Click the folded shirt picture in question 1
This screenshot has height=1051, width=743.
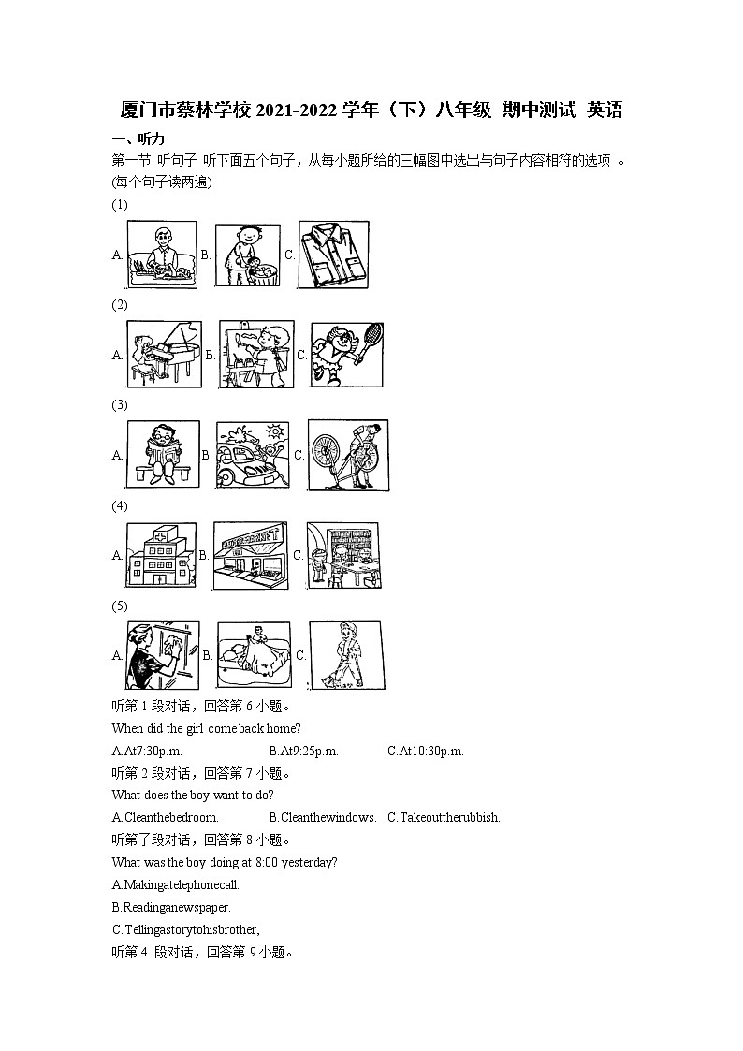click(333, 254)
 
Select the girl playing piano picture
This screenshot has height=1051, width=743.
click(164, 354)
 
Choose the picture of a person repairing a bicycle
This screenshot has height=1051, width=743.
click(347, 455)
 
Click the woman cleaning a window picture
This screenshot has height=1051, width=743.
click(163, 655)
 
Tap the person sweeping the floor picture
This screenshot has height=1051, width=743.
click(344, 655)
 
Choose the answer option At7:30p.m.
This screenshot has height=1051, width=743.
click(147, 751)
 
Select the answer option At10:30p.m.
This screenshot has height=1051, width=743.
click(426, 751)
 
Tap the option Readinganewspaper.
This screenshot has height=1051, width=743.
click(171, 907)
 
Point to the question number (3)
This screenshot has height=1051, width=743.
click(119, 405)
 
